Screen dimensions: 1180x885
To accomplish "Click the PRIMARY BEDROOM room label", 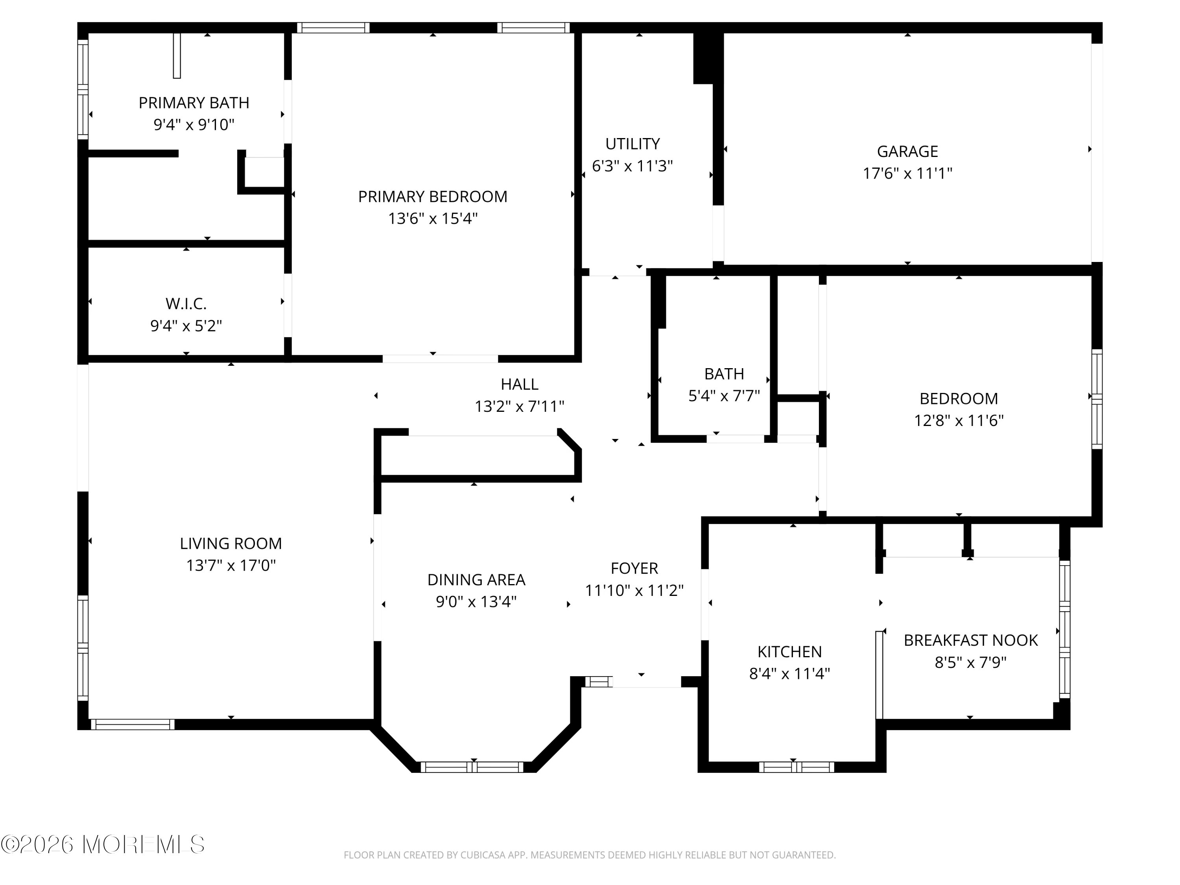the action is pos(433,197).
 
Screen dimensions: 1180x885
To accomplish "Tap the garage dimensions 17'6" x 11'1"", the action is pos(907,173).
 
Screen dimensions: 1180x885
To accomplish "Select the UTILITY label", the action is pos(632,144).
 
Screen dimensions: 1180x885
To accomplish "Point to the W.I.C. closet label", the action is pos(186,304).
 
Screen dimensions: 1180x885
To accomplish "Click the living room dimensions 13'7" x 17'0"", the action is pos(231,566).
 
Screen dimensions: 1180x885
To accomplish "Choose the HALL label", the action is pos(520,385).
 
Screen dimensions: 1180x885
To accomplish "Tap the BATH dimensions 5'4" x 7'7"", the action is pos(724,396).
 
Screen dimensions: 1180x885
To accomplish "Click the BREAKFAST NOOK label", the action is pos(971,640).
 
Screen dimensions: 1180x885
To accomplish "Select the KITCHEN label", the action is pos(789,652).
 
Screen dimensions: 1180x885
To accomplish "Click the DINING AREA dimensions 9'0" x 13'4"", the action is pos(476,602).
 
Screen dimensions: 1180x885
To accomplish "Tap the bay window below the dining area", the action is pos(472,767).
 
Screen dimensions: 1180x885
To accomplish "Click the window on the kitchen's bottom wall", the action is pos(796,767).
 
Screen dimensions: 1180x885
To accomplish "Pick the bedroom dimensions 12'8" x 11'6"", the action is pos(959,421).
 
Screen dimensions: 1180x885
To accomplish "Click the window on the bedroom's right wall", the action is pos(1097,399).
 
